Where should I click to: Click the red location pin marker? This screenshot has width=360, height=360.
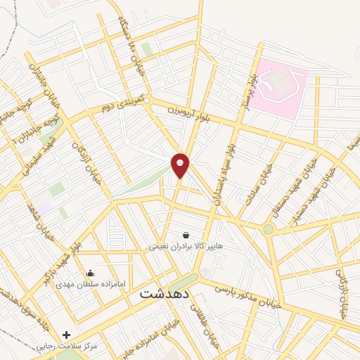[x=181, y=166]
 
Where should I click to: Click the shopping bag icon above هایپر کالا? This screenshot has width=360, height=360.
[x=185, y=236]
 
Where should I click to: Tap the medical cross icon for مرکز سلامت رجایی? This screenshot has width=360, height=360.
[x=67, y=335]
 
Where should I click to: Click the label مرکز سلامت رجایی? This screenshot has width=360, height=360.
[x=67, y=347]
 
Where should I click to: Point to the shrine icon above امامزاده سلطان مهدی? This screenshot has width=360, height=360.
[x=90, y=274]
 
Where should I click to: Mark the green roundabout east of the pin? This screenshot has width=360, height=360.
[x=268, y=229]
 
